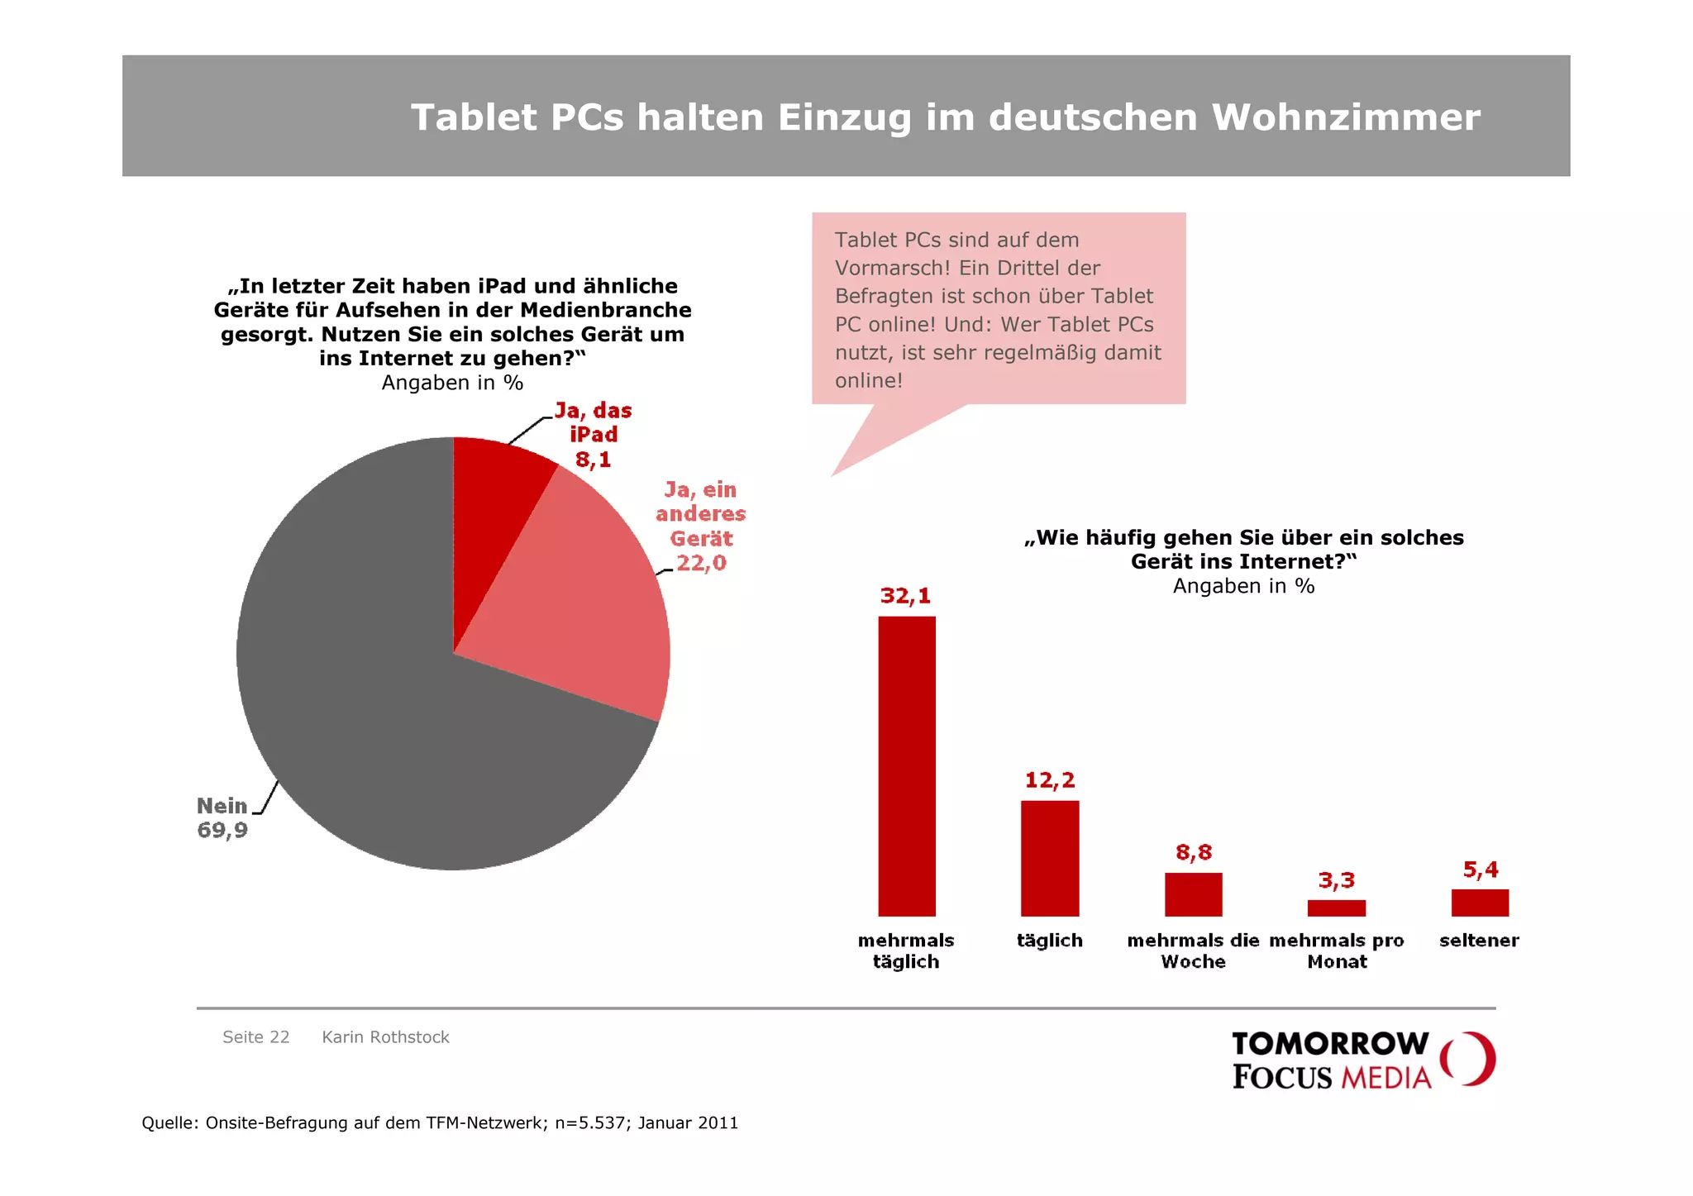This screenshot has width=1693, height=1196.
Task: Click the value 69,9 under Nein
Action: click(222, 830)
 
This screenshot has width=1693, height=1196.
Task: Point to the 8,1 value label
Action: click(593, 460)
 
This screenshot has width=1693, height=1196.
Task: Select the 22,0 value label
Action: click(701, 563)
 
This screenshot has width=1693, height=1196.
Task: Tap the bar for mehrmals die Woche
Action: click(1193, 894)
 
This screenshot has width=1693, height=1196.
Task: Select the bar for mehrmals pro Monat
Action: click(1336, 908)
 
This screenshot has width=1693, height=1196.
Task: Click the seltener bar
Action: click(1480, 903)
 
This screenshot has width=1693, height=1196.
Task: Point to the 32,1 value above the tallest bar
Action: click(905, 596)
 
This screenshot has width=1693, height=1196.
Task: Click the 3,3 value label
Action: click(1336, 880)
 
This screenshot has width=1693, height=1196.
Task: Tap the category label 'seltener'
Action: click(1479, 941)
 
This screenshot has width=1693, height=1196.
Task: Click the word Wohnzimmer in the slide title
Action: click(1346, 117)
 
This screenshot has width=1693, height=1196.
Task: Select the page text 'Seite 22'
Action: click(256, 1037)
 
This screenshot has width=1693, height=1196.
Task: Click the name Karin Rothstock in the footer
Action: click(385, 1037)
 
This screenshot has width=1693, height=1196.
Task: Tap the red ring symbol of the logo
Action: click(1468, 1059)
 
